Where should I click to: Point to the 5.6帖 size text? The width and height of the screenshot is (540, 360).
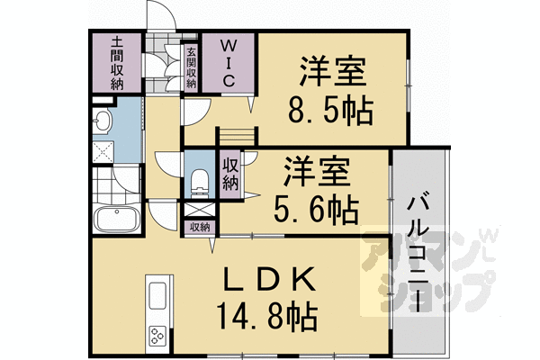pyautogui.click(x=317, y=210)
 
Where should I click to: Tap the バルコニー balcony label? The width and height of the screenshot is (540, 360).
pyautogui.click(x=417, y=251)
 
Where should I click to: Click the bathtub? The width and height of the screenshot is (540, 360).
pyautogui.click(x=114, y=219)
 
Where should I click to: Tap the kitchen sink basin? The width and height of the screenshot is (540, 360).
pyautogui.click(x=157, y=295)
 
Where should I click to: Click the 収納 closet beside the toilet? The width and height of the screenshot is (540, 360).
pyautogui.click(x=230, y=174)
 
